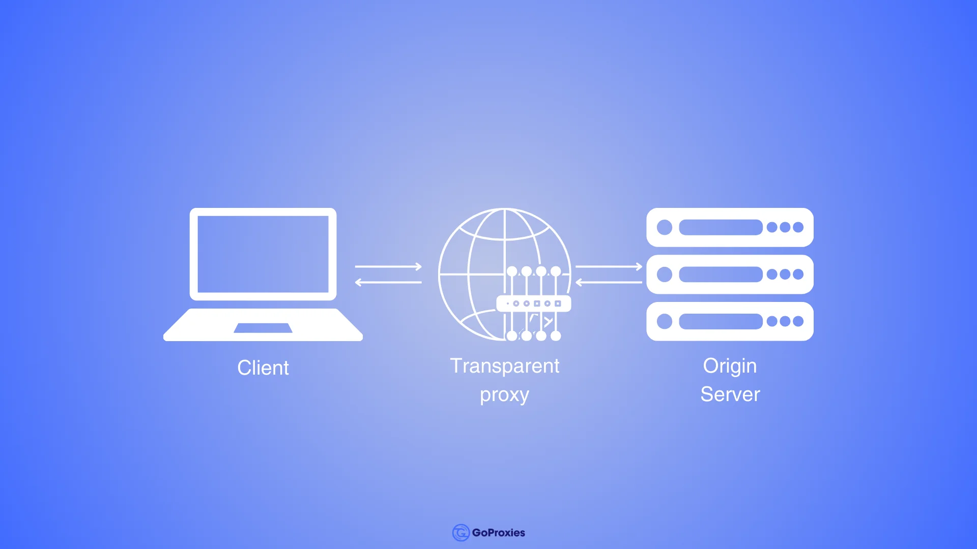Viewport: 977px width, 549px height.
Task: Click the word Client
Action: click(x=263, y=368)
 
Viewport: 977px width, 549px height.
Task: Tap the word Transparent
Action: click(x=504, y=366)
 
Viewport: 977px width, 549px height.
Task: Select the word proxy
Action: click(x=504, y=394)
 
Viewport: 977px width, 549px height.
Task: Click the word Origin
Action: click(x=730, y=366)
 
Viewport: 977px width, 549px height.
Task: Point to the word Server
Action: click(x=730, y=394)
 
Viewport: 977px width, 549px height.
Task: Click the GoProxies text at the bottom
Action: click(x=498, y=533)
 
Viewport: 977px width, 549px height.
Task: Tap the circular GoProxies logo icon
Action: click(x=461, y=533)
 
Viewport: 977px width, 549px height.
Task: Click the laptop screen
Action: click(x=263, y=254)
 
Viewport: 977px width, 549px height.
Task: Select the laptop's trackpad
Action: click(x=263, y=328)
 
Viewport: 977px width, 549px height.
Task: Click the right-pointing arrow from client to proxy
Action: click(x=388, y=266)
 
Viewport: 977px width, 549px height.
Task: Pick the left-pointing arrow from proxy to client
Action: click(x=388, y=282)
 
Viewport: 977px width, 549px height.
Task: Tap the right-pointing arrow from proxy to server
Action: click(x=609, y=266)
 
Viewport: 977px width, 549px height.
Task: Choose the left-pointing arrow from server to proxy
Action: click(x=609, y=282)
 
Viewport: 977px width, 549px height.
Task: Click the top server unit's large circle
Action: click(x=665, y=227)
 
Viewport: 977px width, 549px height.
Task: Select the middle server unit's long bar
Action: click(x=721, y=274)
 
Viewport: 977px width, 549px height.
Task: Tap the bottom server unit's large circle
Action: click(x=665, y=321)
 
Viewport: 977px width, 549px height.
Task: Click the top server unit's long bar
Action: click(x=721, y=227)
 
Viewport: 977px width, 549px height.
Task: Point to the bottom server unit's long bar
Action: click(x=721, y=321)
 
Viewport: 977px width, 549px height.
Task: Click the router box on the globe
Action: click(x=533, y=303)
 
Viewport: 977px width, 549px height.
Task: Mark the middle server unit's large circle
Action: click(x=665, y=274)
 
